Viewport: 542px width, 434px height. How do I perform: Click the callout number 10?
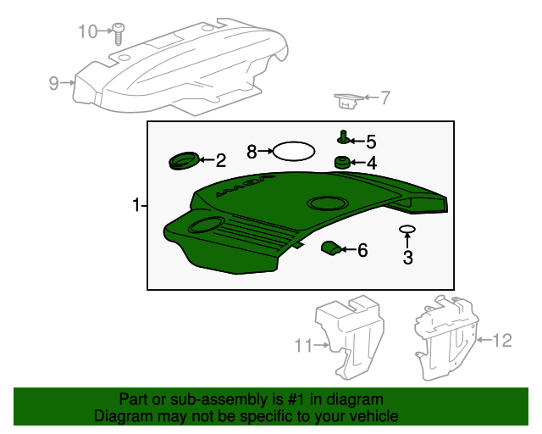(x=88, y=32)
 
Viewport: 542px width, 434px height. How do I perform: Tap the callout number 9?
(x=53, y=82)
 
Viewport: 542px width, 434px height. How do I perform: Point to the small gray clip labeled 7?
(x=347, y=102)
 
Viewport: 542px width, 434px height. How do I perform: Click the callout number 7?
(x=384, y=98)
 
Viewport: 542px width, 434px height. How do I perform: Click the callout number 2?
(x=220, y=159)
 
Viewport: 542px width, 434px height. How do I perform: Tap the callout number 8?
(x=252, y=152)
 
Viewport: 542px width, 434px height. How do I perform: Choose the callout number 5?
(x=370, y=142)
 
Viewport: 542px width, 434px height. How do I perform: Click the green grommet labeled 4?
(x=343, y=162)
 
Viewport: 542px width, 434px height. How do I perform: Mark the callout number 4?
(x=371, y=163)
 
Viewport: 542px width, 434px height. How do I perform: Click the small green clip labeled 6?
(x=330, y=248)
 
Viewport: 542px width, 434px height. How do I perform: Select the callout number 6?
(x=362, y=250)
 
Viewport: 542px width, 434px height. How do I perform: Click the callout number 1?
(x=135, y=205)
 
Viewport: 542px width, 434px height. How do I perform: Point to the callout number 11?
(x=303, y=345)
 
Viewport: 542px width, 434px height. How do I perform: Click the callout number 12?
(x=502, y=341)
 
